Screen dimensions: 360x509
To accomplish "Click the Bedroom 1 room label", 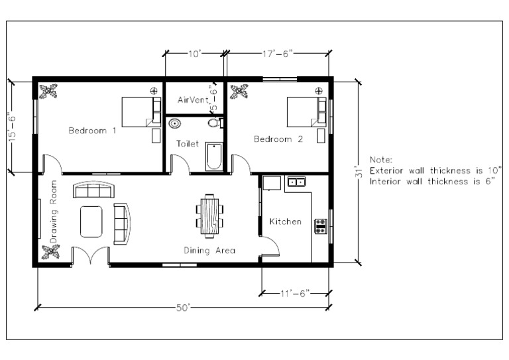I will click(92, 131).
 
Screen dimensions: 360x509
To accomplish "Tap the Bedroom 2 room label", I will click(278, 139).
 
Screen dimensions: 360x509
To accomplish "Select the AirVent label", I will click(193, 100).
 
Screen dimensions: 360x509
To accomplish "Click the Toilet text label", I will click(187, 143).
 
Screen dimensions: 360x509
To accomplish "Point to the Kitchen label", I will click(285, 221).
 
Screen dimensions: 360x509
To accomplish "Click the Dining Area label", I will click(209, 250).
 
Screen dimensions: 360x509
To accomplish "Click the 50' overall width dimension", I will click(184, 306).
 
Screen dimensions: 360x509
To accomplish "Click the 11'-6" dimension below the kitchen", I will click(295, 292).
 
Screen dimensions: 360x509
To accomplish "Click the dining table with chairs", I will click(209, 215).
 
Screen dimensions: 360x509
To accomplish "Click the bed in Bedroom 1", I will click(141, 112).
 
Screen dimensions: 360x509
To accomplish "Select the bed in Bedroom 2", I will click(306, 111).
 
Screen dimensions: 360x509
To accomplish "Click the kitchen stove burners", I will click(320, 226).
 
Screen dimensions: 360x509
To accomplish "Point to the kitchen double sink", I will click(296, 181).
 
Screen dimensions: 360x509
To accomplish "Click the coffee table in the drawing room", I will click(91, 221).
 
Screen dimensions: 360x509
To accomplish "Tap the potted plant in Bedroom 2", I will click(242, 90).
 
